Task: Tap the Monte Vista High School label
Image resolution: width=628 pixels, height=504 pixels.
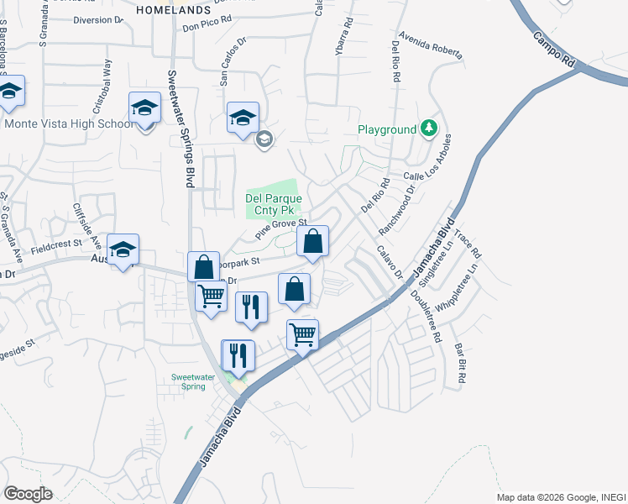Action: click(x=69, y=123)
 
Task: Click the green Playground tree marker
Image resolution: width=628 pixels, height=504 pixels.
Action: click(x=429, y=128)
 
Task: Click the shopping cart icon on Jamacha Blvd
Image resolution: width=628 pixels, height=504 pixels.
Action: click(x=302, y=334)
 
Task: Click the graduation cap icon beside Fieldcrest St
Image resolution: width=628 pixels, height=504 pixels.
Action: click(x=123, y=249)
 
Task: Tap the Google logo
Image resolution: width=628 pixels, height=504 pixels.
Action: click(x=28, y=494)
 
